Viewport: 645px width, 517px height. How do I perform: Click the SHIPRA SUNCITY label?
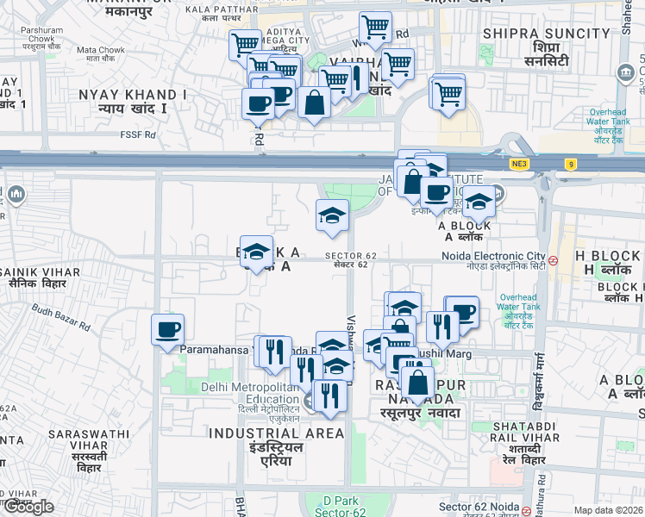(547, 34)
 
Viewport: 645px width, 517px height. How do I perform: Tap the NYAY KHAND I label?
(133, 94)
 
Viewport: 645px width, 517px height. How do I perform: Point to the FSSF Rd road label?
(139, 134)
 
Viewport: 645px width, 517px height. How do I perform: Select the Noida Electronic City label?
(494, 256)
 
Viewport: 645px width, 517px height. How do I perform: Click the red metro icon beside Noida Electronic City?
(553, 258)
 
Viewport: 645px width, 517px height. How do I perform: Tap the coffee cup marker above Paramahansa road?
(168, 329)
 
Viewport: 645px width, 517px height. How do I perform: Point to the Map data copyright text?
(608, 510)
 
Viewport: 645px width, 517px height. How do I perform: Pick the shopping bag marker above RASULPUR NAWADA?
(417, 382)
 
